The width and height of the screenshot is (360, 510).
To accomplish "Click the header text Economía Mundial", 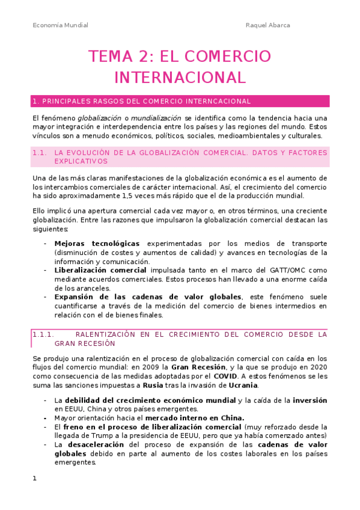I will tap(60, 25).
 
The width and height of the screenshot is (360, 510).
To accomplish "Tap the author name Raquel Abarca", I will tap(267, 25).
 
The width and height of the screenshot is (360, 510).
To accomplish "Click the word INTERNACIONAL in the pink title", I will tap(180, 78).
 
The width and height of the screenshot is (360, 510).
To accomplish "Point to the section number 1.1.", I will tap(40, 153).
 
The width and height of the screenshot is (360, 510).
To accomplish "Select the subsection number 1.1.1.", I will tap(43, 334).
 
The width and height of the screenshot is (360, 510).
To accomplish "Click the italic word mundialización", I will tap(150, 118).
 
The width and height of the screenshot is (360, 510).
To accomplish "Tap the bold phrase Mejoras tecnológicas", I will tap(91, 244).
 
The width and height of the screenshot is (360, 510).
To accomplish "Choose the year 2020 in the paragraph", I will tap(316, 367).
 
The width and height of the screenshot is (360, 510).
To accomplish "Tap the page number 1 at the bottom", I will tap(35, 478).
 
